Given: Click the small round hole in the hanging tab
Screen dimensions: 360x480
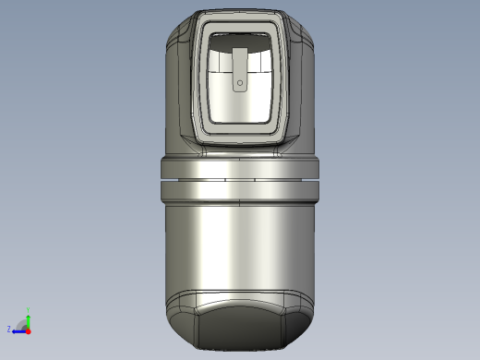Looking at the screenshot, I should click(240, 83).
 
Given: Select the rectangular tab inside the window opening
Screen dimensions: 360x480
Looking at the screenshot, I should click(240, 69).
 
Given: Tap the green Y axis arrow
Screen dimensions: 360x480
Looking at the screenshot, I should click(28, 319).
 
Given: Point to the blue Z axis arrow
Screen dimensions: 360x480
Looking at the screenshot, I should click(18, 330).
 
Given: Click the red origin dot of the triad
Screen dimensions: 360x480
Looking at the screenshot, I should click(28, 330).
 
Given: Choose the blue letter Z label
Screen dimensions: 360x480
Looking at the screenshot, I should click(9, 329).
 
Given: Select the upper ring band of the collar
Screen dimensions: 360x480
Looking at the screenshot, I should click(240, 167).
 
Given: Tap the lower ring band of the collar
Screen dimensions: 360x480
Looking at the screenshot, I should click(240, 190).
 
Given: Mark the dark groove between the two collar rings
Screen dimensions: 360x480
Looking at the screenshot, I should click(240, 179).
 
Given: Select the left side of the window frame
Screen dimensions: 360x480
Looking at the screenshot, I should click(199, 78).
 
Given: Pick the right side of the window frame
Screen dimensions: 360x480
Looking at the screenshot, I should click(282, 78).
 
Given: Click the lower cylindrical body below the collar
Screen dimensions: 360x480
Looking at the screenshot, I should click(240, 249).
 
